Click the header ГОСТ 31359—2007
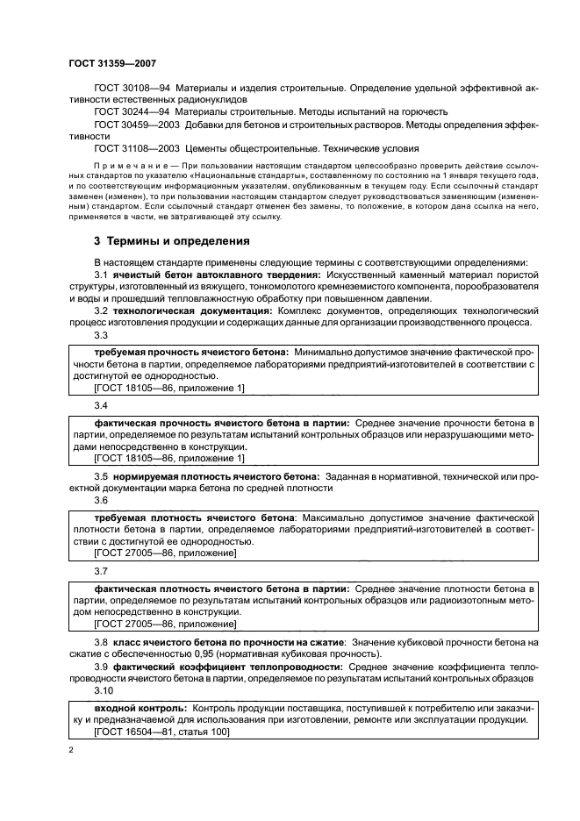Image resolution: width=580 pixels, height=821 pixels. [x=112, y=62]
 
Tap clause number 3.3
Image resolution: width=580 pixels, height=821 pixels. [x=101, y=335]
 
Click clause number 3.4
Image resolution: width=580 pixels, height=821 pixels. [x=101, y=406]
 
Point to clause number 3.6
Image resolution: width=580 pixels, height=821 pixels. [x=101, y=500]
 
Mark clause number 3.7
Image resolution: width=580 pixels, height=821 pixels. [x=101, y=571]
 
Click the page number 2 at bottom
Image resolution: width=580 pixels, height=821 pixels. [x=71, y=752]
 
